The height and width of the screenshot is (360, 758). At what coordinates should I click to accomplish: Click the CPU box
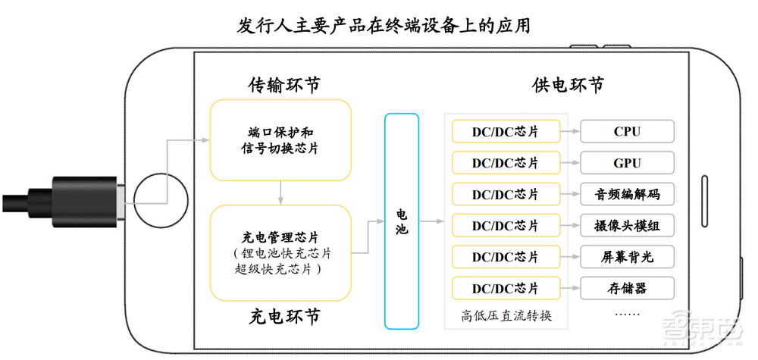[x=627, y=132]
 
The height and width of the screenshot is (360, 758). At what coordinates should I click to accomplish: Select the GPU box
[x=627, y=163]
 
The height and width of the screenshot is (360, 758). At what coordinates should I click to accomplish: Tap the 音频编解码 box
[x=627, y=194]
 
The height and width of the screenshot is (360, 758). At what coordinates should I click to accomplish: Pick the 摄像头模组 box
[x=627, y=225]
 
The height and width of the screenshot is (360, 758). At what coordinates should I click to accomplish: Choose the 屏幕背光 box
[x=627, y=257]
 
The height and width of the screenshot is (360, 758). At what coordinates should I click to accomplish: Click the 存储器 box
[x=627, y=288]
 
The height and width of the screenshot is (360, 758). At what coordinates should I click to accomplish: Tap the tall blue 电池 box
[x=402, y=221]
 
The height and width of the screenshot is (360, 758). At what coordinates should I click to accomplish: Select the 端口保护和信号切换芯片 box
[x=280, y=139]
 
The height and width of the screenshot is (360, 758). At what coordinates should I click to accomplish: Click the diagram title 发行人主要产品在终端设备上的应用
[x=378, y=27]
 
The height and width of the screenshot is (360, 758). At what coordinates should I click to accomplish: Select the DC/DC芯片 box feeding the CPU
[x=505, y=132]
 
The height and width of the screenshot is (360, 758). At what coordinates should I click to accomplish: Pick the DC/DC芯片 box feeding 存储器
[x=505, y=288]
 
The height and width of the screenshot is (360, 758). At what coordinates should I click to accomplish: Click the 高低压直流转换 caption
[x=506, y=315]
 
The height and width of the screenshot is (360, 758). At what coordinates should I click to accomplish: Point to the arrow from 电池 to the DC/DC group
[x=431, y=221]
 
